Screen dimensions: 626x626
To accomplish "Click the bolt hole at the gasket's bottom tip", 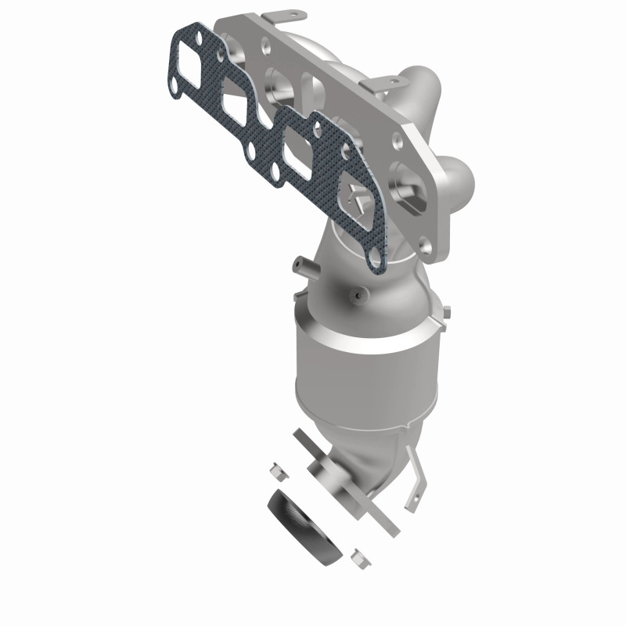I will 376,256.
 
